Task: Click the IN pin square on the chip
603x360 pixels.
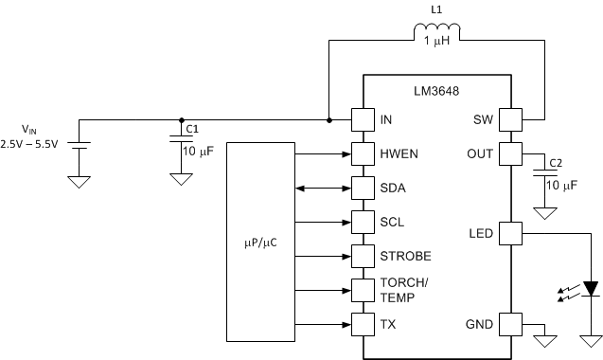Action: pyautogui.click(x=364, y=120)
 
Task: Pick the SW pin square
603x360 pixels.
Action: pyautogui.click(x=511, y=120)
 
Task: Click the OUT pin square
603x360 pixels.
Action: pyautogui.click(x=511, y=153)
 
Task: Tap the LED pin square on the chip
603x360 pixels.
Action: pyautogui.click(x=511, y=232)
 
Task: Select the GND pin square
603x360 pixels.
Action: pyautogui.click(x=511, y=324)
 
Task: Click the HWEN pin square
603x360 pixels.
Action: pyautogui.click(x=364, y=153)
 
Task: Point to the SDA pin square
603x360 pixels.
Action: pyautogui.click(x=364, y=187)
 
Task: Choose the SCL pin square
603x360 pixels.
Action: pyautogui.click(x=364, y=222)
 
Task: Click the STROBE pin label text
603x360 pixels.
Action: pyautogui.click(x=405, y=257)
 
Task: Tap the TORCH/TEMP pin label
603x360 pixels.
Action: pyautogui.click(x=402, y=290)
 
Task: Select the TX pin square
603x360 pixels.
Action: pyautogui.click(x=364, y=324)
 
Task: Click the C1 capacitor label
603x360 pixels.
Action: pyautogui.click(x=192, y=128)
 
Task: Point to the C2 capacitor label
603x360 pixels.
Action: pyautogui.click(x=556, y=162)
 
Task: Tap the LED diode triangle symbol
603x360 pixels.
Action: pyautogui.click(x=592, y=287)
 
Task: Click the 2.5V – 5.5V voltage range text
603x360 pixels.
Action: pyautogui.click(x=29, y=143)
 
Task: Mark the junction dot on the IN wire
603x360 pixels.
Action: pyautogui.click(x=328, y=120)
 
